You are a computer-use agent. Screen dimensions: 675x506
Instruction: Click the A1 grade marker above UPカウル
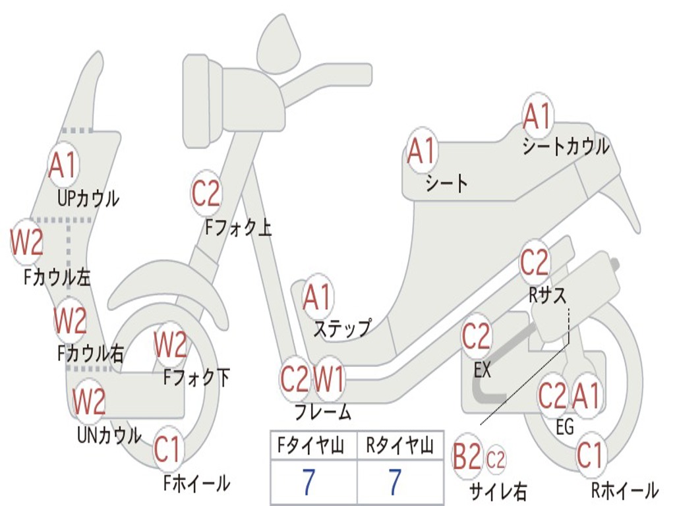[x=63, y=165]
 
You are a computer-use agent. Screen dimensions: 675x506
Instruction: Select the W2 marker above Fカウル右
[x=71, y=321]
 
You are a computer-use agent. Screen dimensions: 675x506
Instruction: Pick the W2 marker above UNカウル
[x=89, y=401]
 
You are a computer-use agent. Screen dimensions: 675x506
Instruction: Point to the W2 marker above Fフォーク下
[x=170, y=344]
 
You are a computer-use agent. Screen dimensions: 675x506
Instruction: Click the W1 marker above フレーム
[x=328, y=379]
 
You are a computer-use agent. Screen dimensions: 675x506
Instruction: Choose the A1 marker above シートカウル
[x=537, y=117]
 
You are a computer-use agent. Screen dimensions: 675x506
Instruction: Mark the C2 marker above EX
[x=476, y=337]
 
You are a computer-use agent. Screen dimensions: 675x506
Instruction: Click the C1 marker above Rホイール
[x=589, y=455]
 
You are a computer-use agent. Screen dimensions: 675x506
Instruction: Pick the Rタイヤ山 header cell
[x=399, y=447]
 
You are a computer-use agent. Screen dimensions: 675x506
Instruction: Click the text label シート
[x=446, y=183]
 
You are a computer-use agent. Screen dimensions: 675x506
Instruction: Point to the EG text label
[x=565, y=427]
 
